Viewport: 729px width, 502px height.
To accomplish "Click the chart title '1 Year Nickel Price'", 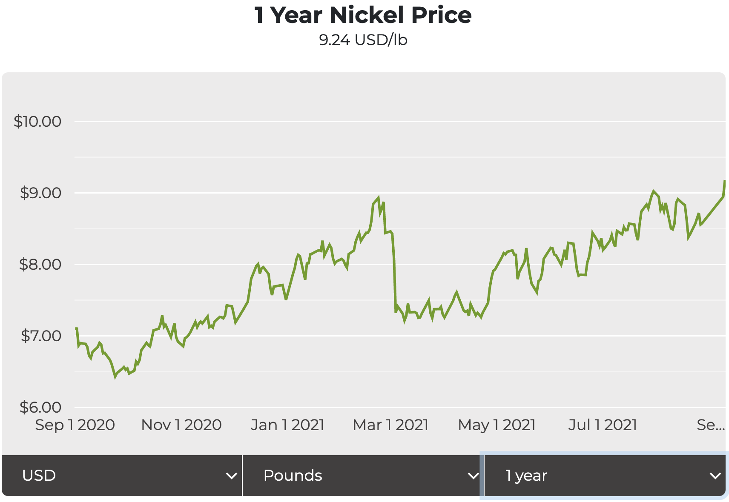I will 363,15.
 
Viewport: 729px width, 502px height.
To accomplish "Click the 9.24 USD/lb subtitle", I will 363,40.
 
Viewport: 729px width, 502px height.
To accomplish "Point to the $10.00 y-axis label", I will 37,122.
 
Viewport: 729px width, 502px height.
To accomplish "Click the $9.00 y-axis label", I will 40,193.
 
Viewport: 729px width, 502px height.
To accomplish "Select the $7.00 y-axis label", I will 41,336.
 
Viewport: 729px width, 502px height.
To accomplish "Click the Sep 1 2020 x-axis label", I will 75,425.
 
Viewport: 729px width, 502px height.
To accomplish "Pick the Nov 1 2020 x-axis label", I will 181,425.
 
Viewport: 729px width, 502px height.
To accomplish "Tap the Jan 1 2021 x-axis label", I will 287,425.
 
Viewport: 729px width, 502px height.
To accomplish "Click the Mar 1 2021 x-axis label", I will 390,425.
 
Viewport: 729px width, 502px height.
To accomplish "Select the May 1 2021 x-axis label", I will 497,425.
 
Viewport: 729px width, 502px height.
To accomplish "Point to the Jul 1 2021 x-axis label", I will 603,425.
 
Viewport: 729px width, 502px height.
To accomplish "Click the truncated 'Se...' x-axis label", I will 710,425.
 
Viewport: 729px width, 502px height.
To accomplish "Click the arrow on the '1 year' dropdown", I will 715,476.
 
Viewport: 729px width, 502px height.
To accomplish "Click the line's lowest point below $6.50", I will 115,376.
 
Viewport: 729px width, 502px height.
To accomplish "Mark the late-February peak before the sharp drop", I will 378,198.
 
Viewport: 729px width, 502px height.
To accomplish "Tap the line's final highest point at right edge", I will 724,181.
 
